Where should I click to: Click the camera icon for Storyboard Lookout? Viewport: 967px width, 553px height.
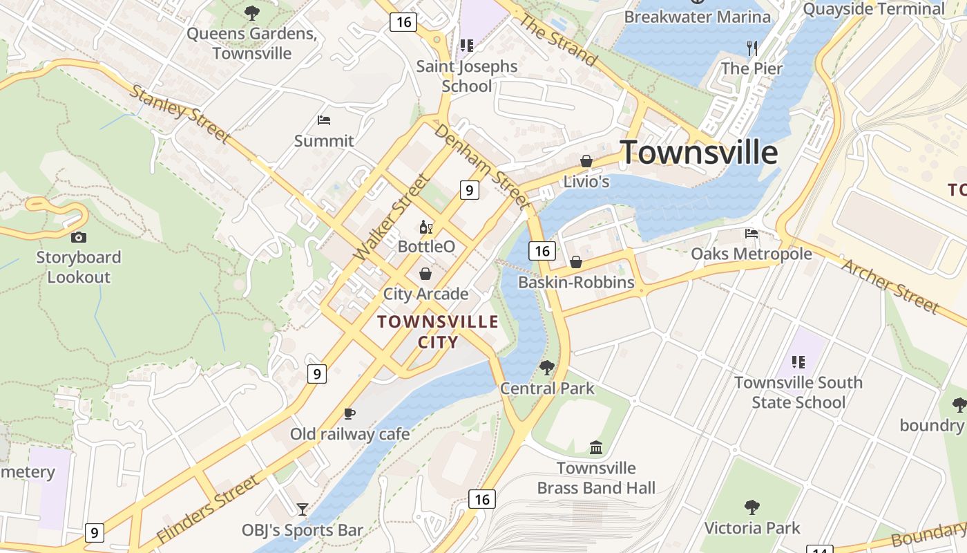79,237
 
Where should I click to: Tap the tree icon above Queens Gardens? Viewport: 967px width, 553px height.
252,12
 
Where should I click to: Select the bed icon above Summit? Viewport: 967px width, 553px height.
324,120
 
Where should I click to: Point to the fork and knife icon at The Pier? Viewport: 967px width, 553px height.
752,48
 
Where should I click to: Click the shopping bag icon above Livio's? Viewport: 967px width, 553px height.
586,161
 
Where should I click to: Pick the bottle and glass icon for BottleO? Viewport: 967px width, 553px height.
426,226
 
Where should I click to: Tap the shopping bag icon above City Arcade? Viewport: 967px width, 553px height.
425,274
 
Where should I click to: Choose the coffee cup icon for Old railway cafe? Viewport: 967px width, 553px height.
350,413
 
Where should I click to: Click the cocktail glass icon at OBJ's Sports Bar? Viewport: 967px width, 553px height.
303,509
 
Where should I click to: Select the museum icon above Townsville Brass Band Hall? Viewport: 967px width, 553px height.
596,448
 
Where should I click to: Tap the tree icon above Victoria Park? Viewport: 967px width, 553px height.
752,507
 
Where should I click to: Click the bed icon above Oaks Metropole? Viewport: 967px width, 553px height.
751,234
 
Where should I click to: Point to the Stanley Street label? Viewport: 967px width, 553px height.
179,113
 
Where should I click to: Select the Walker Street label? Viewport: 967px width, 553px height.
392,218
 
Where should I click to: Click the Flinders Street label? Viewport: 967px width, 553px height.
207,509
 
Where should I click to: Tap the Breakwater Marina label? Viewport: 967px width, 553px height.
697,17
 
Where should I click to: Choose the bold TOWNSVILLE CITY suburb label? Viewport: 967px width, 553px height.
438,332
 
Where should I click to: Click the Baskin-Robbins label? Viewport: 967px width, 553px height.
576,282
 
